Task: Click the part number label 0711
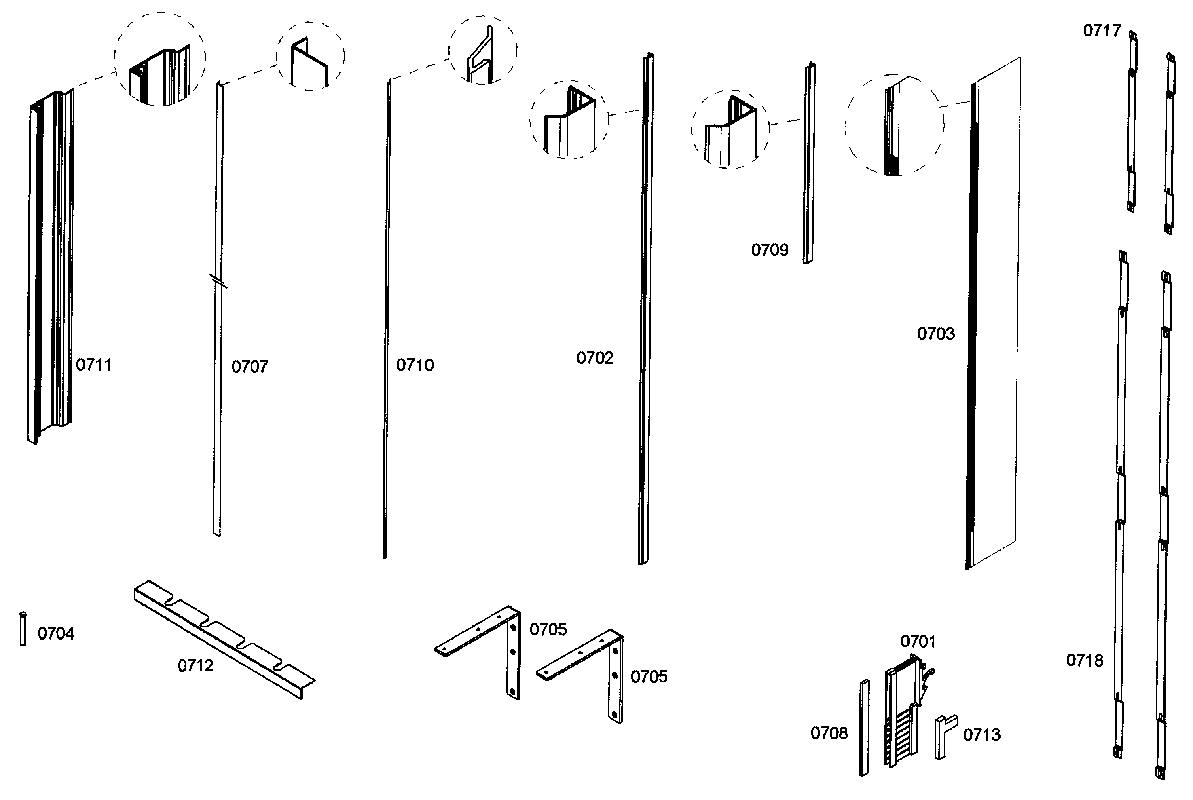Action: pos(93,365)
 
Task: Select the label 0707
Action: pos(250,367)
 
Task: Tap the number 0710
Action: pos(415,365)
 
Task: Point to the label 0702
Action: pos(594,358)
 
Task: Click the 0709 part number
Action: pos(770,250)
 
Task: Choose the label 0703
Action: pos(936,334)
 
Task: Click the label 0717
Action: pos(1102,31)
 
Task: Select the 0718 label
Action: pos(1084,661)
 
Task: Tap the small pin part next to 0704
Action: pos(23,629)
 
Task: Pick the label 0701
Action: pos(918,641)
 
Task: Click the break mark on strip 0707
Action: pos(218,281)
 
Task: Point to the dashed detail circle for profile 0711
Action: pos(160,59)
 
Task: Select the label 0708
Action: pos(829,733)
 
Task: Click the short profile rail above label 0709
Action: pos(809,163)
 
